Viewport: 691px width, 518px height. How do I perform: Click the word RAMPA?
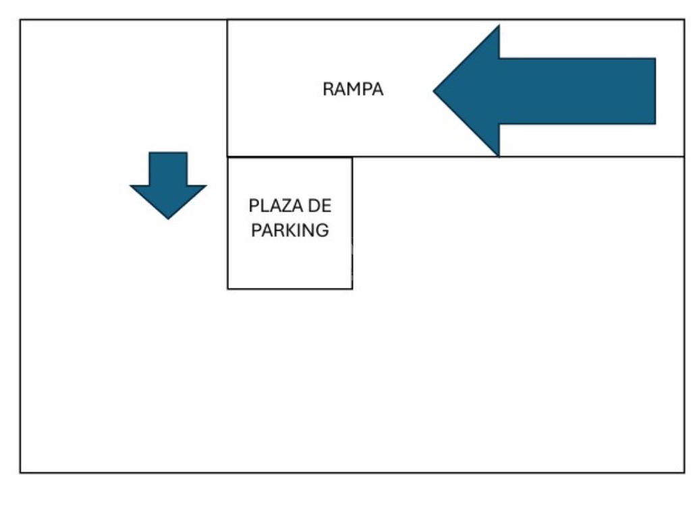(353, 90)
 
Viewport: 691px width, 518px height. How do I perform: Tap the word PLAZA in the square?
(275, 206)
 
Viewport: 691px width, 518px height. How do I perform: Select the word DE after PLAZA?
(319, 206)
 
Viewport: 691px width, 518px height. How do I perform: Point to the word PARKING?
(290, 230)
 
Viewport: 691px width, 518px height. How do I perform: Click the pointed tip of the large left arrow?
(434, 92)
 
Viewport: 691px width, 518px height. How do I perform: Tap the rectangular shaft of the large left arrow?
(578, 91)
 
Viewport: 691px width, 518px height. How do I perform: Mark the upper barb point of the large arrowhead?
(499, 26)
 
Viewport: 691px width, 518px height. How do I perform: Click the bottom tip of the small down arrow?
(168, 219)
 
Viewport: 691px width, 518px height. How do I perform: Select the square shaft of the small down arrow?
(168, 169)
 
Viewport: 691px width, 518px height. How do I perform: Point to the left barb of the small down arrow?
(130, 186)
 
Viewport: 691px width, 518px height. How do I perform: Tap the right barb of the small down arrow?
(206, 186)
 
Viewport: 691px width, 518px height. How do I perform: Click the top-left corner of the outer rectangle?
(20, 20)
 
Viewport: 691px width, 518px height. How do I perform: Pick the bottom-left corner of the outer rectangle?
(20, 473)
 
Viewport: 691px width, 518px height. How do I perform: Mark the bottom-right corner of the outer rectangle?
(684, 473)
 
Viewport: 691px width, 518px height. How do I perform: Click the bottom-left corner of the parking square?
(228, 289)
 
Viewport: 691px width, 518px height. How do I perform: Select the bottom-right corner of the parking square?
(352, 289)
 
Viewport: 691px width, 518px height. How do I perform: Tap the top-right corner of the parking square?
(352, 158)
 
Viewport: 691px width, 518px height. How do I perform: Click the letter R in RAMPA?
(329, 90)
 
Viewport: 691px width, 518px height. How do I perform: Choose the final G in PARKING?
(323, 230)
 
